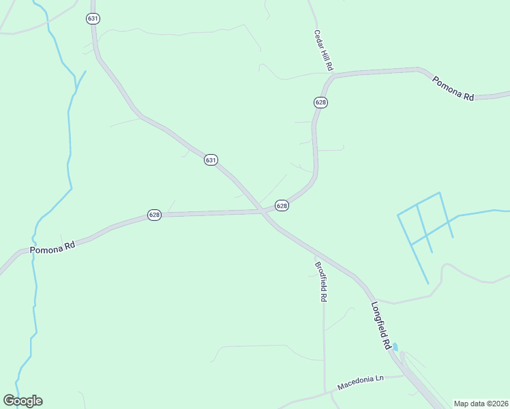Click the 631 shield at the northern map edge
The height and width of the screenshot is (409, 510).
click(93, 18)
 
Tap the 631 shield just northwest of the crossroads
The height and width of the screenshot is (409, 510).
click(211, 160)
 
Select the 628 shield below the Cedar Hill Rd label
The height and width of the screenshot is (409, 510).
click(320, 102)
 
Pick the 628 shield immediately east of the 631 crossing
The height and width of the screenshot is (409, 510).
click(282, 205)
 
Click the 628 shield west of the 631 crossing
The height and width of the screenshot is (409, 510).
click(154, 215)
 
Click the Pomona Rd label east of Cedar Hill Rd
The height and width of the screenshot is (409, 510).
click(453, 88)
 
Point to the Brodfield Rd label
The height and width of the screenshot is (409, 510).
click(321, 282)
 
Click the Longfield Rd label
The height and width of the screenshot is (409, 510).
click(380, 325)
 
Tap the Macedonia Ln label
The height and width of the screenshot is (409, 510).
click(361, 383)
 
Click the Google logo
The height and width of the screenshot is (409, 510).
click(22, 400)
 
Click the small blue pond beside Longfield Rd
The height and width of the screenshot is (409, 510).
click(395, 347)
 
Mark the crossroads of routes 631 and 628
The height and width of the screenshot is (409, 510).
click(262, 212)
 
